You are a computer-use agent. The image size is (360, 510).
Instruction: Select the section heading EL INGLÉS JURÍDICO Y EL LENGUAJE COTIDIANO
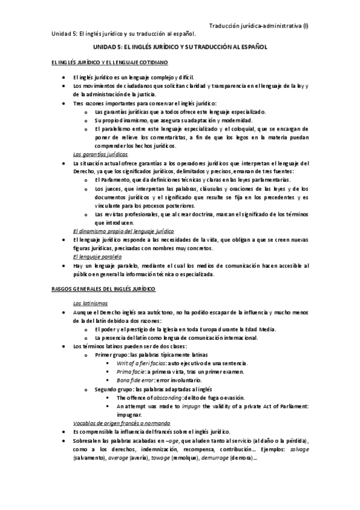coord(110,62)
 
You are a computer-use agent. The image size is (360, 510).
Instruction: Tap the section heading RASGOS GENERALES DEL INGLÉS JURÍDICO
coord(104,289)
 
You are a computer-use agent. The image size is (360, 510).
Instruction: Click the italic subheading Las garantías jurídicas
coord(96,154)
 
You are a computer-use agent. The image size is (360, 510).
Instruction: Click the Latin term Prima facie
coord(130,372)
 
